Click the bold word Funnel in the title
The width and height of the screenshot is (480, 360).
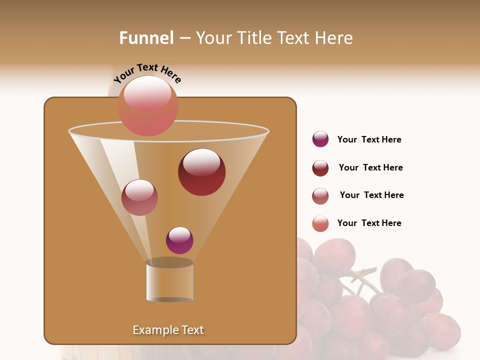(x=146, y=38)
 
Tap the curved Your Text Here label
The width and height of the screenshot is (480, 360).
(x=147, y=73)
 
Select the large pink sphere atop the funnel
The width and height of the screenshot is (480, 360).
(x=147, y=105)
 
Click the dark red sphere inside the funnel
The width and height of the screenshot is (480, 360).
(x=201, y=171)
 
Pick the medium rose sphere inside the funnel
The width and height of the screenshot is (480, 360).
(x=139, y=197)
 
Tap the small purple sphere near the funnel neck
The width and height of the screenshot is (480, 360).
(x=179, y=240)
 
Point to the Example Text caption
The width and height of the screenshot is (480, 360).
(x=168, y=330)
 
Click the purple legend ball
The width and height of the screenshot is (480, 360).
(x=320, y=139)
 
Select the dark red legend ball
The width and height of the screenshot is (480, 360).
(x=320, y=168)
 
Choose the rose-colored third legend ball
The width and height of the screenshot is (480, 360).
(x=320, y=196)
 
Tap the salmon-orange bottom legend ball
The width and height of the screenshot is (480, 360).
(x=320, y=223)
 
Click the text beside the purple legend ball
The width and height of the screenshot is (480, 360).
(x=369, y=139)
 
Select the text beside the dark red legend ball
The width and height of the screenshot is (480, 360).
(x=370, y=167)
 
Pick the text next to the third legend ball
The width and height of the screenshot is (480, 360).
(x=371, y=195)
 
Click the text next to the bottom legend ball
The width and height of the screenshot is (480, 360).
(x=369, y=223)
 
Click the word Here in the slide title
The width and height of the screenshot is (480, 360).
(x=335, y=38)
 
